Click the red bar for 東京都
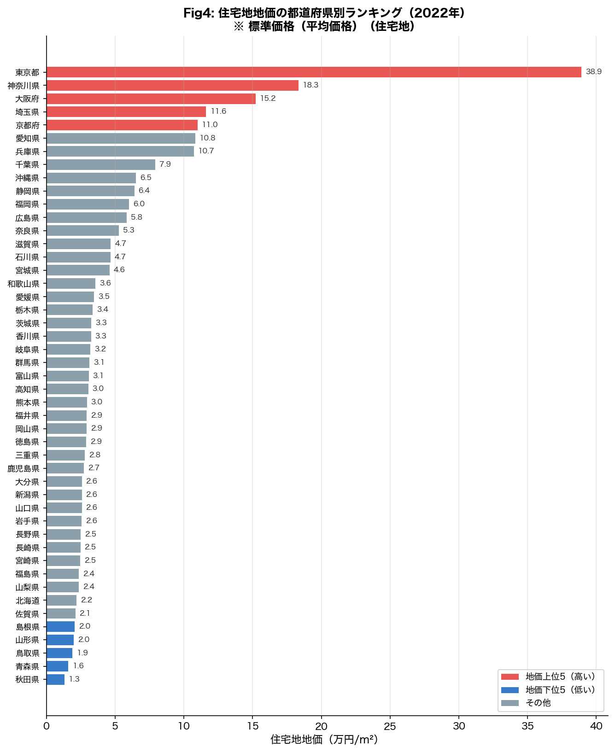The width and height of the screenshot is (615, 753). (x=314, y=72)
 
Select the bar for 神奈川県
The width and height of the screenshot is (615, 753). (x=172, y=85)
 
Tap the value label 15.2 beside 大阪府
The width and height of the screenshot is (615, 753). (x=268, y=99)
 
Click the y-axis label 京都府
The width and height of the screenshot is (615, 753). (x=28, y=125)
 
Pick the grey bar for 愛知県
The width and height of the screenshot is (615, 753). (x=121, y=138)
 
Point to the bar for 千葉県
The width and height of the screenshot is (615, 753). (x=101, y=165)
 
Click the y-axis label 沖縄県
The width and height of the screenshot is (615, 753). (x=28, y=178)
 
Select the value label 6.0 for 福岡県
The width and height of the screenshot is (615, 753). (x=139, y=204)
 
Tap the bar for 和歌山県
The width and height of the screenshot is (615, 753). (x=71, y=284)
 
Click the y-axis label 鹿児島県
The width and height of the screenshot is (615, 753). (x=23, y=468)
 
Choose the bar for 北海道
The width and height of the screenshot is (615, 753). (x=61, y=601)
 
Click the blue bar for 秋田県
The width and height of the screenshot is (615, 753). (x=55, y=680)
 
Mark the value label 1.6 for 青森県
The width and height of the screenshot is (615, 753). (x=78, y=666)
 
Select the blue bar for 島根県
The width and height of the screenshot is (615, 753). (x=60, y=627)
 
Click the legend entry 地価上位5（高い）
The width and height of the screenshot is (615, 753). (x=560, y=677)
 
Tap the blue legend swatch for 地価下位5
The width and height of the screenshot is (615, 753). (x=510, y=690)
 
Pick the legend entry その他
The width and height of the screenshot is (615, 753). (x=538, y=703)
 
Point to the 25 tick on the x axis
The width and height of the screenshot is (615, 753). (x=390, y=726)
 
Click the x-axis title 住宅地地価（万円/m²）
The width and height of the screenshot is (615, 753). (x=324, y=740)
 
